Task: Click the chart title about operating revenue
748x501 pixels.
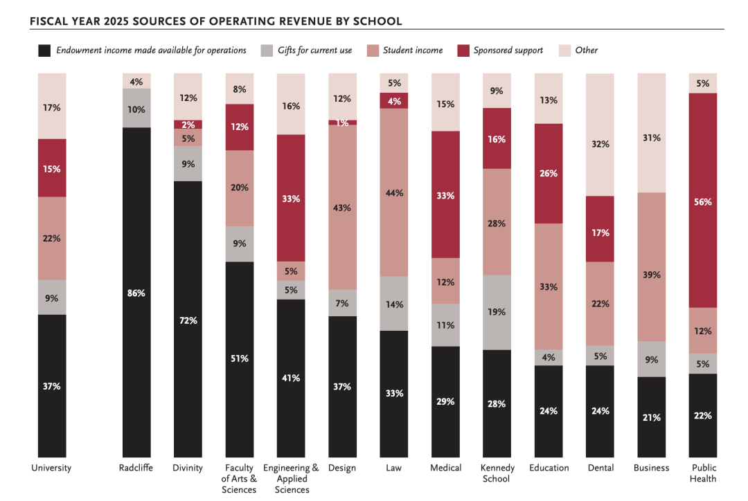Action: pyautogui.click(x=215, y=21)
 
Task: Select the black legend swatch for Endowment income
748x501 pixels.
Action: pyautogui.click(x=44, y=51)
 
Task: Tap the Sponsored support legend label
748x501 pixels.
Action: pyautogui.click(x=508, y=51)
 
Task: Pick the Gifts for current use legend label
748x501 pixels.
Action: pyautogui.click(x=314, y=51)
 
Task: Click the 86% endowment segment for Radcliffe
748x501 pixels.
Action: pyautogui.click(x=136, y=293)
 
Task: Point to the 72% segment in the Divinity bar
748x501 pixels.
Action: pyautogui.click(x=188, y=320)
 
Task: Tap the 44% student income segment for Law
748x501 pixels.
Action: pyautogui.click(x=394, y=193)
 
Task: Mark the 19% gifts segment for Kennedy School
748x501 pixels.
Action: pyautogui.click(x=497, y=312)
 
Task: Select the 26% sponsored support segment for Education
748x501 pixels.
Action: pyautogui.click(x=549, y=174)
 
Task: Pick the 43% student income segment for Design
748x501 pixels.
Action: pyautogui.click(x=342, y=207)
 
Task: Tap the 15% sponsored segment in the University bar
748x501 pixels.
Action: pyautogui.click(x=52, y=168)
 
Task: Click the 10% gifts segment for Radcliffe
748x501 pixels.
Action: pyautogui.click(x=136, y=108)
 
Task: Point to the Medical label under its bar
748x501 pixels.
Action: pyautogui.click(x=445, y=468)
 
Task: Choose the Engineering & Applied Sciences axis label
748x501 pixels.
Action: pyautogui.click(x=292, y=479)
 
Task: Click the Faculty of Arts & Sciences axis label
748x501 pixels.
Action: pyautogui.click(x=240, y=479)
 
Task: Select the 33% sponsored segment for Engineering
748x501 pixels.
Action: pyautogui.click(x=291, y=198)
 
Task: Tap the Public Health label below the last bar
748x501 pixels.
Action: pyautogui.click(x=703, y=473)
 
